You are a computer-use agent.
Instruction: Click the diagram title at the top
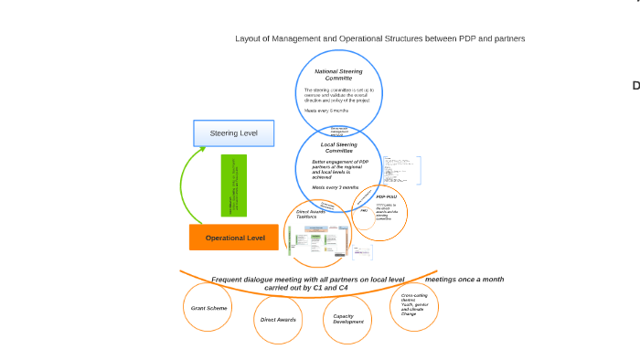point(379,38)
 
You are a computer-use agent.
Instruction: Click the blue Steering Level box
point(233,133)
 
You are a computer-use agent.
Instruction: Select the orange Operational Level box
point(235,238)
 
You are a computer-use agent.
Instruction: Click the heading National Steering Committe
point(338,74)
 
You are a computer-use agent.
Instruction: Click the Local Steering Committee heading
point(338,147)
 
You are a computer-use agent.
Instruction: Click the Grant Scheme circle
point(209,308)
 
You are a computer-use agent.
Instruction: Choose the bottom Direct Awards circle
point(278,320)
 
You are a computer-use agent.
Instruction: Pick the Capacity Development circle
point(347,319)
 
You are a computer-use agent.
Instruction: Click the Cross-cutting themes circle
point(412,304)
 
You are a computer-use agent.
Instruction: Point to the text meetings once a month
point(464,279)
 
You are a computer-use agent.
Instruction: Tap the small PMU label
point(363,211)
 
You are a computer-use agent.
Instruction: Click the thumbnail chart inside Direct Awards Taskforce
point(315,240)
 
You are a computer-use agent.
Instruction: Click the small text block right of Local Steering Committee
point(402,169)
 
